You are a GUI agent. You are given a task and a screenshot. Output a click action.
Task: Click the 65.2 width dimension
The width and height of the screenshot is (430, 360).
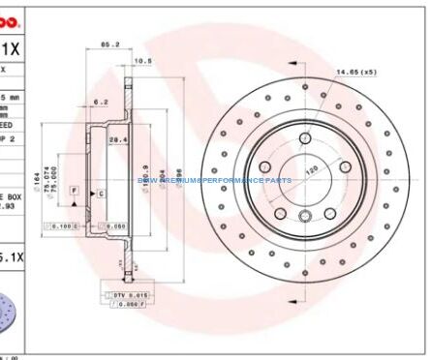coord(109,44)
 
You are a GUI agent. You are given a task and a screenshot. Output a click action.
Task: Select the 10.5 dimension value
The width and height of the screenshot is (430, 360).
coord(141,61)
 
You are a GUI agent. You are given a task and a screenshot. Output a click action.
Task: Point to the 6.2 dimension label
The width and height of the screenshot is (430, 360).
coord(101,101)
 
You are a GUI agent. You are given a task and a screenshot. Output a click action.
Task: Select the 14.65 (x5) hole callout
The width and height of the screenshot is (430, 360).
coord(355,72)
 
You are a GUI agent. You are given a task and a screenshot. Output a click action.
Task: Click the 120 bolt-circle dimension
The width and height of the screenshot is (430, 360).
coord(312,170)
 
